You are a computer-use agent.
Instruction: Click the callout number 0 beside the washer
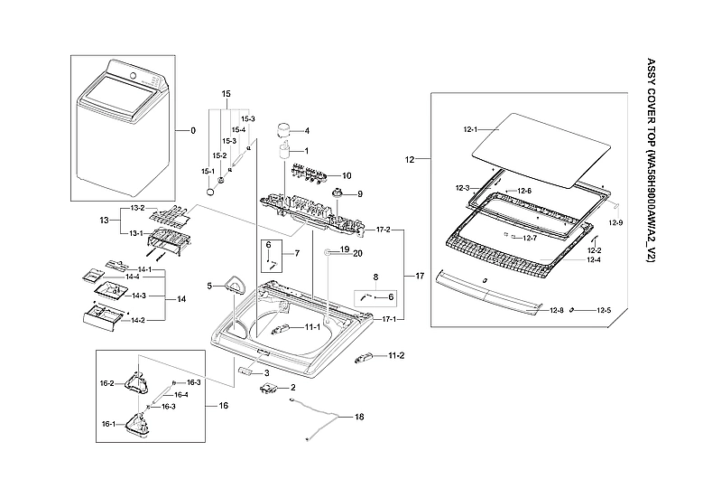click(192, 131)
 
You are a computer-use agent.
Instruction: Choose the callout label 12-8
click(557, 310)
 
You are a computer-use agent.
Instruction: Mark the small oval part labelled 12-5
click(573, 310)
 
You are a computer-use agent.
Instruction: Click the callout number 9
click(358, 193)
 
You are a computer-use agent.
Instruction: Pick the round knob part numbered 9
click(338, 193)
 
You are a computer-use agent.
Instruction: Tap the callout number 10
click(346, 175)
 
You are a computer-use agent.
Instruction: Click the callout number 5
click(208, 287)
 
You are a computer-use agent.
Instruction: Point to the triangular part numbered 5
click(233, 287)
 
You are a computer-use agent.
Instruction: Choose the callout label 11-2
click(395, 356)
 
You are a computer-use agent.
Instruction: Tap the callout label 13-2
click(137, 208)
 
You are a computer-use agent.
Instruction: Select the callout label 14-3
click(139, 296)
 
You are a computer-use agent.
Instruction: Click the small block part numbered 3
click(247, 371)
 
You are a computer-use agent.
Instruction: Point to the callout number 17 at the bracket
click(420, 274)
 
